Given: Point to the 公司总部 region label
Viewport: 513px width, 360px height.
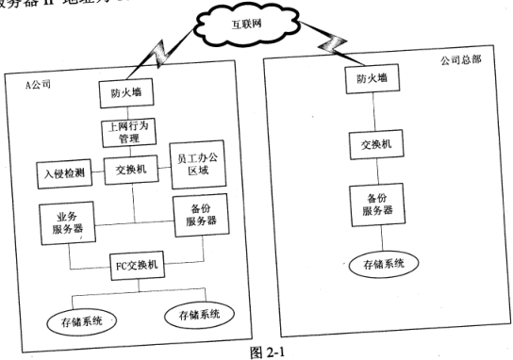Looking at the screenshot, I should pyautogui.click(x=461, y=58).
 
